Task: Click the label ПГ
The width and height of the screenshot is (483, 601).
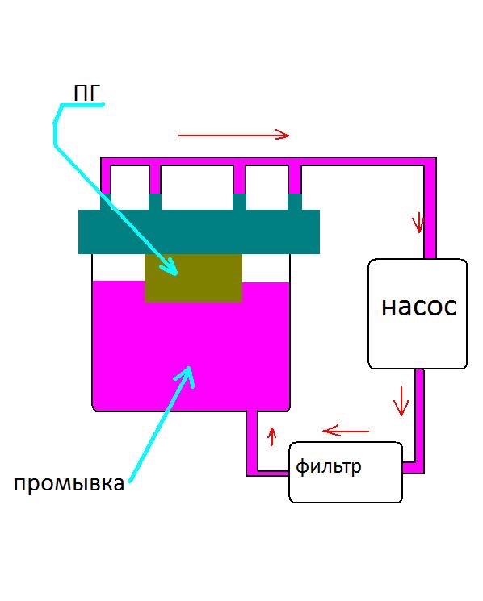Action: (x=86, y=93)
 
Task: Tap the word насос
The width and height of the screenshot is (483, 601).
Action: (x=419, y=307)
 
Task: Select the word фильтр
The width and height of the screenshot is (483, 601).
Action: (x=329, y=467)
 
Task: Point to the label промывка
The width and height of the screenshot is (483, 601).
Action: (x=69, y=484)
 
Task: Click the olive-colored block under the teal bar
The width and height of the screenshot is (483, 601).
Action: (x=193, y=278)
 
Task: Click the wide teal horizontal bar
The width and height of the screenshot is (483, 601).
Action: (x=199, y=232)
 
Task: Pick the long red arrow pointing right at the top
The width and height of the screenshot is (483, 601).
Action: (x=233, y=135)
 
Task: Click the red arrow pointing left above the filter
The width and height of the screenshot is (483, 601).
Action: (x=346, y=431)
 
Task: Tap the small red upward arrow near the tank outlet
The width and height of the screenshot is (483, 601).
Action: (x=272, y=436)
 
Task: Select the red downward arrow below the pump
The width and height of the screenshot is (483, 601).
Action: (x=401, y=401)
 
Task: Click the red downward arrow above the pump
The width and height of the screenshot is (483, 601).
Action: (x=418, y=223)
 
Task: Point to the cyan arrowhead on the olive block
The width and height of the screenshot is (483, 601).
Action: (x=170, y=267)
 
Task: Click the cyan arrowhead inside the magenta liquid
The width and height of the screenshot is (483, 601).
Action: (x=186, y=375)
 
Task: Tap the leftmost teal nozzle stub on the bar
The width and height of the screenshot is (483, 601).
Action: (x=106, y=202)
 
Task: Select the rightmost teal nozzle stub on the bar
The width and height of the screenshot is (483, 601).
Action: (x=295, y=202)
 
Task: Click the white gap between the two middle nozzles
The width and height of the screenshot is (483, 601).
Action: (x=197, y=187)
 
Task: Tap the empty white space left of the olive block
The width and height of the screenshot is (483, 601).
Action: (x=118, y=267)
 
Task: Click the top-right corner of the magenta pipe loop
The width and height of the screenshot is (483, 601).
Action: (x=430, y=161)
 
